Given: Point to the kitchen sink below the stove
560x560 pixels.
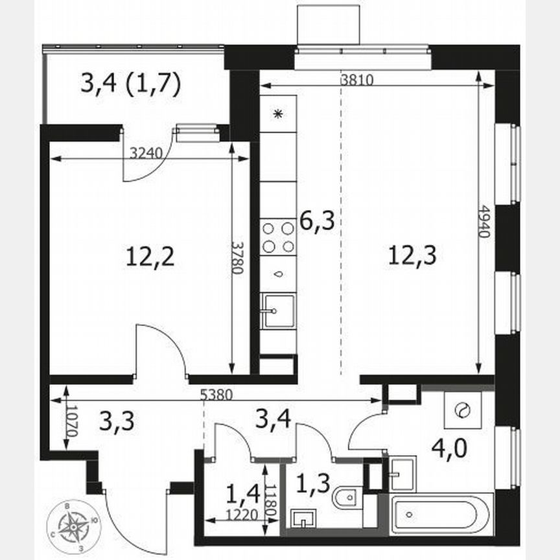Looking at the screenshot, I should pyautogui.click(x=278, y=310).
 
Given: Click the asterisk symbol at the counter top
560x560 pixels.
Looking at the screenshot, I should pyautogui.click(x=278, y=115).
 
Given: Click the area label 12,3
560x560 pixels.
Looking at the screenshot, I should pyautogui.click(x=412, y=255).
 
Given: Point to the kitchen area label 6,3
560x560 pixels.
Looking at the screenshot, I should pyautogui.click(x=317, y=222).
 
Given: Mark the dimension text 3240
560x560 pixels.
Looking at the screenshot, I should pyautogui.click(x=146, y=153).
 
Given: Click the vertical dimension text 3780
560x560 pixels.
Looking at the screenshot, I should pyautogui.click(x=238, y=258).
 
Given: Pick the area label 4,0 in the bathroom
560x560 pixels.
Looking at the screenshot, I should pyautogui.click(x=450, y=448).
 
